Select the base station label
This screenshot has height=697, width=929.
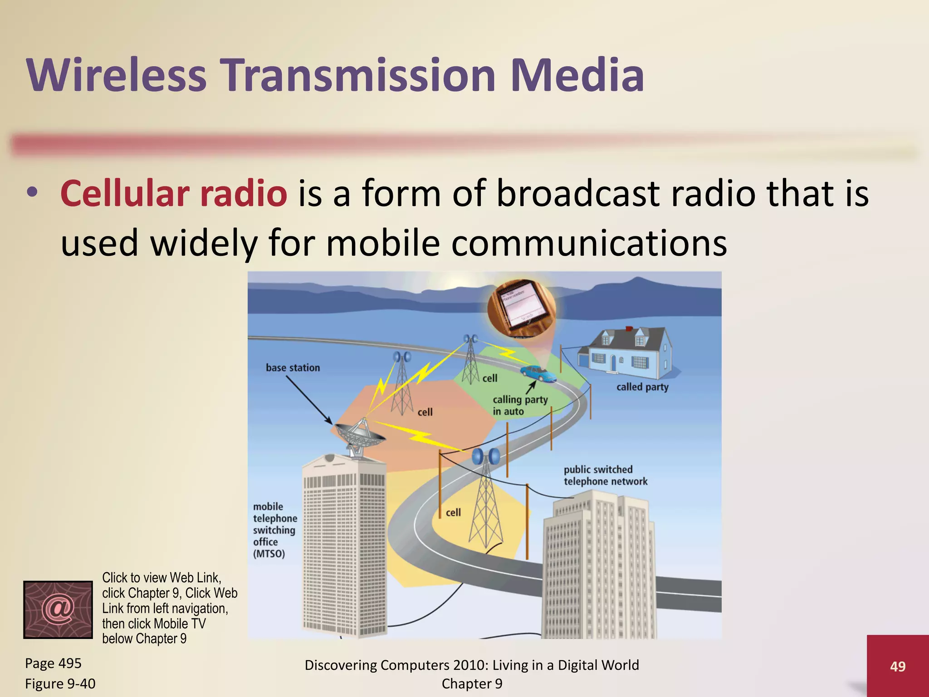293,368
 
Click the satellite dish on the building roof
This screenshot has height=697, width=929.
358,436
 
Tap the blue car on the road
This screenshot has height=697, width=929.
538,373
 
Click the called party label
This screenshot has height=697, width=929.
642,387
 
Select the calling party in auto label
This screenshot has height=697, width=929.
520,405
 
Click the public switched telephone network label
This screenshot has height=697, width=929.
605,476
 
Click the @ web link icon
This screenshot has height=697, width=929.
58,609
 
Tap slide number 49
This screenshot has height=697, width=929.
898,666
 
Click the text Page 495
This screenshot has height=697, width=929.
53,663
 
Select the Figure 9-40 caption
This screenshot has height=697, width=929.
60,683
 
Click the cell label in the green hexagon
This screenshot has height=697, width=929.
490,378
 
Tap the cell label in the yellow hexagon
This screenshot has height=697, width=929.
453,513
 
